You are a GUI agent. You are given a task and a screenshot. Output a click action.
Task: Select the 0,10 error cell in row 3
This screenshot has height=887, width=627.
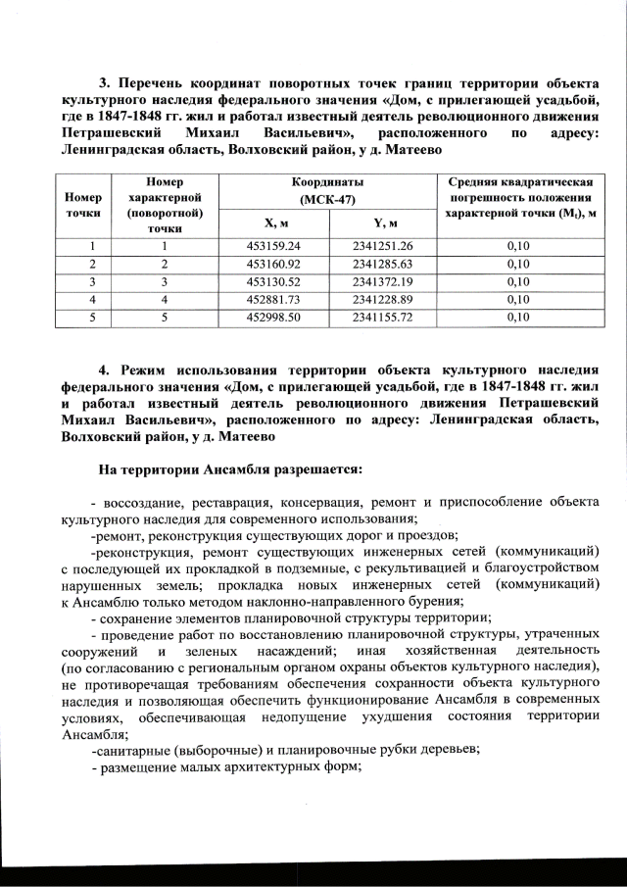pos(518,281)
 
